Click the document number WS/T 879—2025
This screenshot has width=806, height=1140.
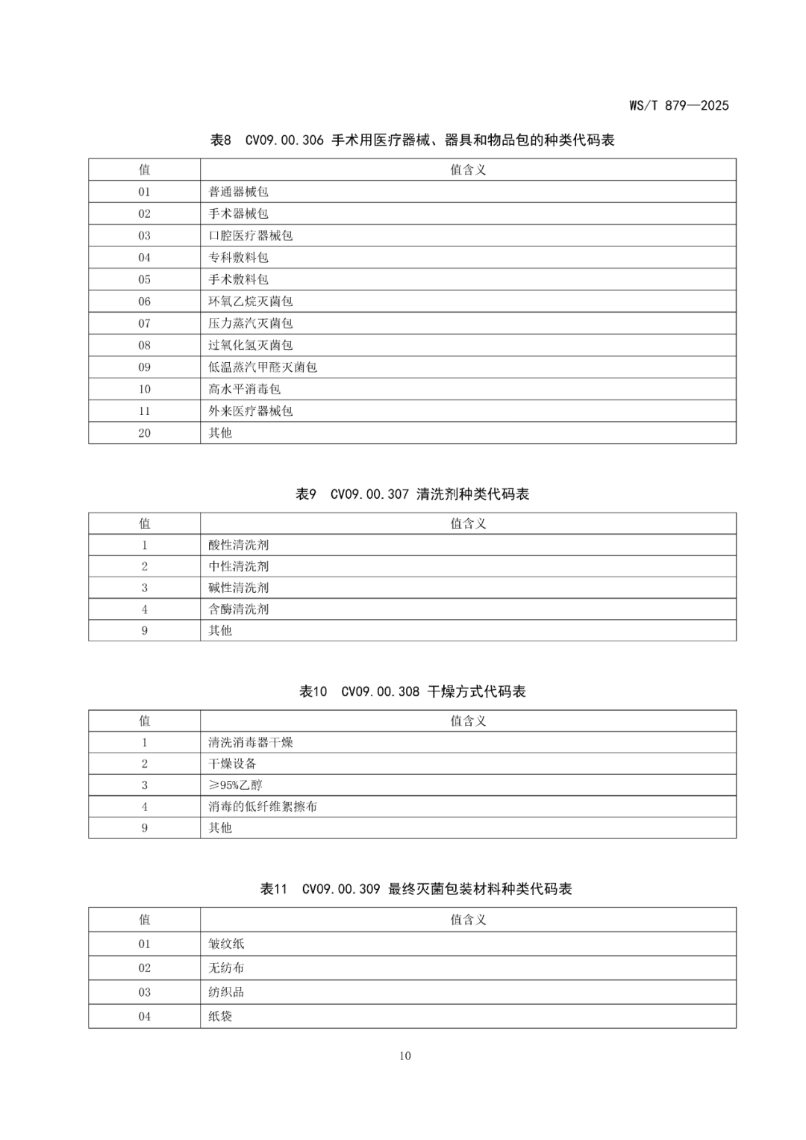[x=678, y=105]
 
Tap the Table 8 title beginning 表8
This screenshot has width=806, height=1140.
[x=412, y=140]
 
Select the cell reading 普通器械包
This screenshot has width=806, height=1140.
[x=238, y=192]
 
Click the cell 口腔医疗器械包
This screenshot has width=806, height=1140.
[x=250, y=236]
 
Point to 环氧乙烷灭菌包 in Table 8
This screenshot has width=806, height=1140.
[x=250, y=302]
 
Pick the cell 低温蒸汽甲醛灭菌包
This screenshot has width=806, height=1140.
[x=262, y=367]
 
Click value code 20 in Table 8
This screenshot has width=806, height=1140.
[x=145, y=433]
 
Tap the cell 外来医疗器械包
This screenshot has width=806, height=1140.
[x=250, y=411]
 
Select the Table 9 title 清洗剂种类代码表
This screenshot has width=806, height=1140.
[x=412, y=494]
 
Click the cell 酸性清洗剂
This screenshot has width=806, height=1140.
[x=238, y=545]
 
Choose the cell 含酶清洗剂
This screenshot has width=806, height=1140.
[x=238, y=609]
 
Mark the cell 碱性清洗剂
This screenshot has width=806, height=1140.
[x=238, y=588]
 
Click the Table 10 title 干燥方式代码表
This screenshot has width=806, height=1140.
[x=412, y=692]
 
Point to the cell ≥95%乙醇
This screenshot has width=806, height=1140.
[x=235, y=785]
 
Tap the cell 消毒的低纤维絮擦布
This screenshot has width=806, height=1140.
[x=262, y=807]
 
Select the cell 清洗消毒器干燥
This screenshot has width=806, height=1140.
[x=250, y=743]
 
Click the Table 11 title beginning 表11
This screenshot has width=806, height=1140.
[x=416, y=889]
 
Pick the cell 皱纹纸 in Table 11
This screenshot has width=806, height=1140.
[x=226, y=944]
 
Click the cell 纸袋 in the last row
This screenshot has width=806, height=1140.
[x=220, y=1017]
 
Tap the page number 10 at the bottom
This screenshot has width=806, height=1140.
[x=404, y=1056]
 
